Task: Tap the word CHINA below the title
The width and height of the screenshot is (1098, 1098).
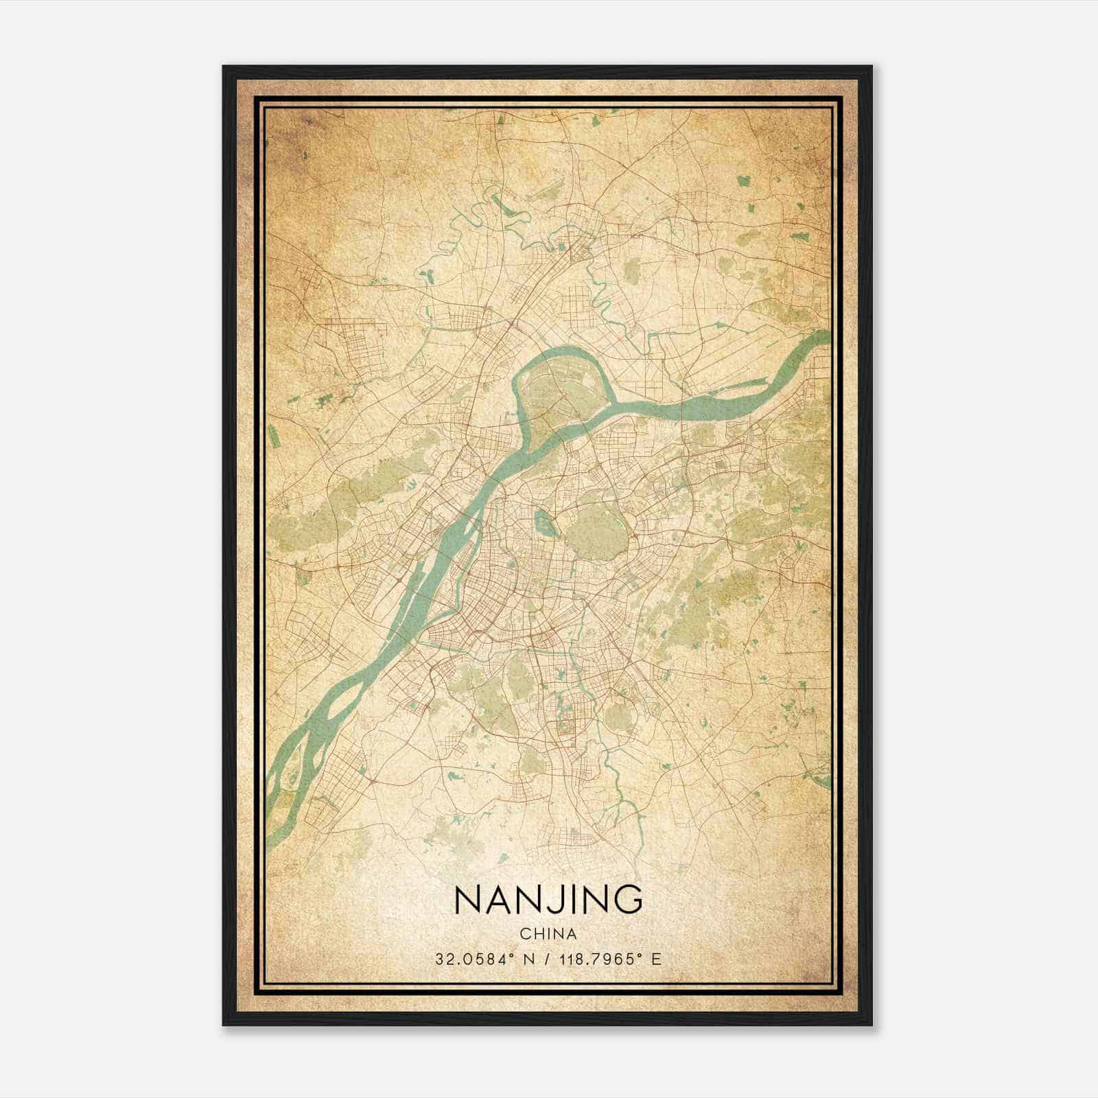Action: [548, 934]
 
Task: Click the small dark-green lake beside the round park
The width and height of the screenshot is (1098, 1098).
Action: [544, 524]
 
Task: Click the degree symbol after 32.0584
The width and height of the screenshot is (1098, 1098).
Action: [507, 955]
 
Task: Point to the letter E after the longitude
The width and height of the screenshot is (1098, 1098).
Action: [657, 959]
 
